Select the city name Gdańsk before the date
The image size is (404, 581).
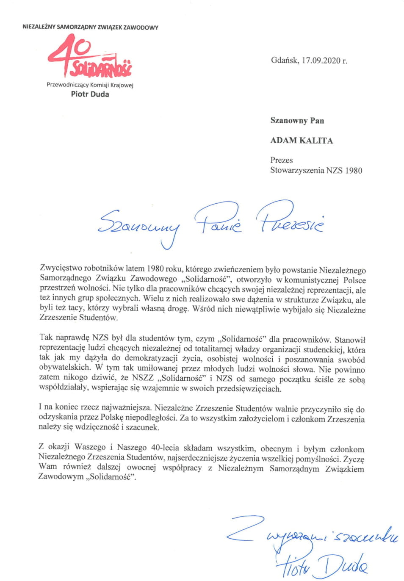pos(285,61)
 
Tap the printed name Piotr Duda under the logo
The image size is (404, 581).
pos(90,94)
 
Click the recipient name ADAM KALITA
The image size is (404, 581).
pos(302,141)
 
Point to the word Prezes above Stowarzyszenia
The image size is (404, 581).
pos(282,160)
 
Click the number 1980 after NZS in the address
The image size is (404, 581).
pos(354,171)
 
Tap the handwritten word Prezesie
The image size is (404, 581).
pos(290,220)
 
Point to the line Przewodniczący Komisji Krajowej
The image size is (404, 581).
pos(90,85)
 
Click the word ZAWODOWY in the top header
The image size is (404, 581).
pos(141,28)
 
